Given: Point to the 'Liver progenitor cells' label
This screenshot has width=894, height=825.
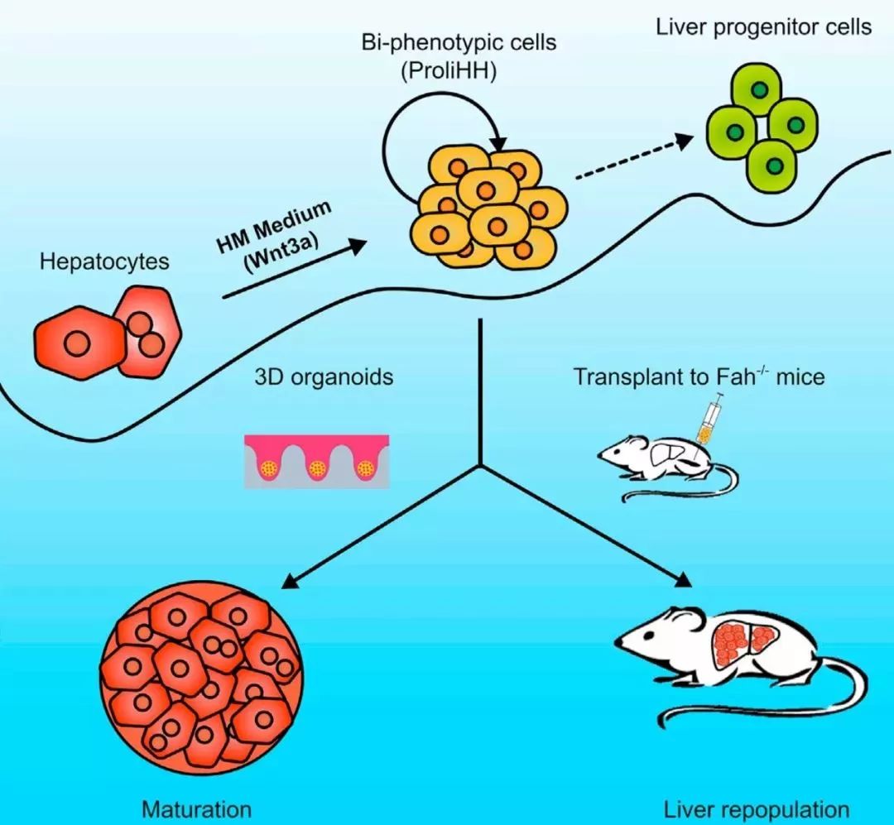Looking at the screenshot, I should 763,26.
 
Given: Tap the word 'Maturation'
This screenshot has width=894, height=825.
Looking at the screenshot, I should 196,808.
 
